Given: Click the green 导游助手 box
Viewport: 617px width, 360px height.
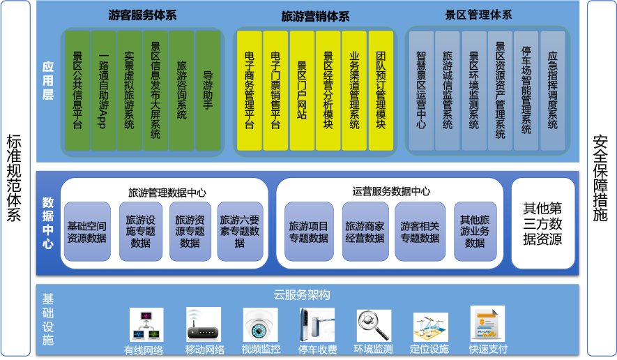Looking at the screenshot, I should pyautogui.click(x=208, y=90).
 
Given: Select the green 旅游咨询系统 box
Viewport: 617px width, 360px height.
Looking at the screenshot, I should pyautogui.click(x=181, y=90).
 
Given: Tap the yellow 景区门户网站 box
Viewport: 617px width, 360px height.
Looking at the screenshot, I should pyautogui.click(x=302, y=90).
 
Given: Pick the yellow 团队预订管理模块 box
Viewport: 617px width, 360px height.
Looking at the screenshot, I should pyautogui.click(x=381, y=90).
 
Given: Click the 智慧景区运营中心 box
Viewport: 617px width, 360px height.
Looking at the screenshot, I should pyautogui.click(x=421, y=90).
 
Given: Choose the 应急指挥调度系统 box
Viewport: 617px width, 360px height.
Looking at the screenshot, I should pyautogui.click(x=552, y=90).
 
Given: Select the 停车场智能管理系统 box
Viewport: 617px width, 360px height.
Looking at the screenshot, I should pyautogui.click(x=526, y=90).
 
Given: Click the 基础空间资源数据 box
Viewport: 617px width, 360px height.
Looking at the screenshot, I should pyautogui.click(x=87, y=232).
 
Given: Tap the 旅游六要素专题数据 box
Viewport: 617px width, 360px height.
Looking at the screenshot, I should pyautogui.click(x=241, y=232).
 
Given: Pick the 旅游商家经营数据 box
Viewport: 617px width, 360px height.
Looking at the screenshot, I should pyautogui.click(x=365, y=232).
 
